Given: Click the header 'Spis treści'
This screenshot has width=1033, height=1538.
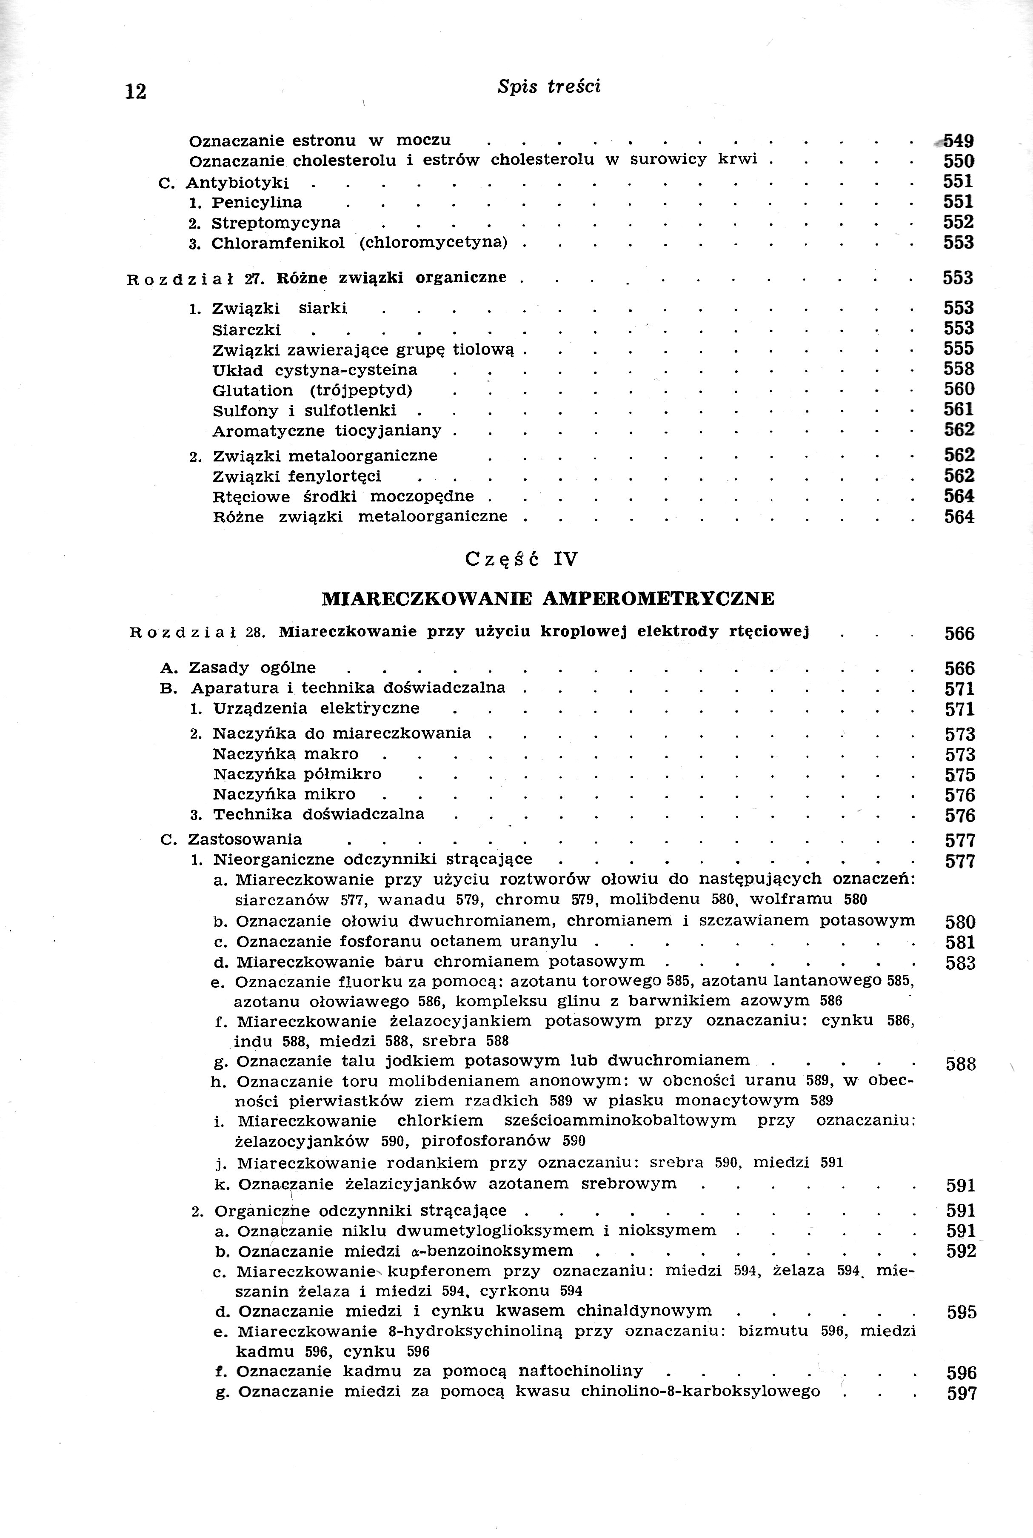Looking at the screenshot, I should coord(549,87).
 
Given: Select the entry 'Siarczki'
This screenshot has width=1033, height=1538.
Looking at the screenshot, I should coord(246,329).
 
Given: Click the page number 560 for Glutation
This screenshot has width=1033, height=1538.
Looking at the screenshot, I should coord(959,390).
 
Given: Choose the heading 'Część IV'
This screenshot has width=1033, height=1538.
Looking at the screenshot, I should coord(521,559).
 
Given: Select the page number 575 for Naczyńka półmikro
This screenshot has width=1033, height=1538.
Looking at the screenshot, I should coord(959,775).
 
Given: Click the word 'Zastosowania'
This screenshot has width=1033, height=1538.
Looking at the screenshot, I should coord(245,839).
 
